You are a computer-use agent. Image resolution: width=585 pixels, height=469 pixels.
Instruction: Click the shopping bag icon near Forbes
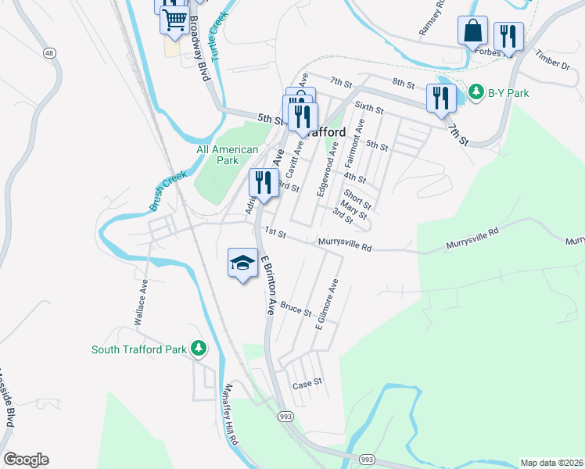point(472,31)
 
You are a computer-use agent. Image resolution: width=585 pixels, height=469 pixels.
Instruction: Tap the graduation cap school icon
point(243,263)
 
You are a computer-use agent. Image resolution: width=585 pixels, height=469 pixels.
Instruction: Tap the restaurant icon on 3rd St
point(264,183)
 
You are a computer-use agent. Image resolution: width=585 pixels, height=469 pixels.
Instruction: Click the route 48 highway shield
point(50,52)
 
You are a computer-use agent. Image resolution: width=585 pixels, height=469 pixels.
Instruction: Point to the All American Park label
point(227,155)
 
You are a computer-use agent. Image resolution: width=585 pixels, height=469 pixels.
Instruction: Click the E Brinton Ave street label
point(266,285)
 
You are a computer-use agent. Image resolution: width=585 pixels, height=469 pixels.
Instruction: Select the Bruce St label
point(296,309)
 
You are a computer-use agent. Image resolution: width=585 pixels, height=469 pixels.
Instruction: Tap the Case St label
point(307,384)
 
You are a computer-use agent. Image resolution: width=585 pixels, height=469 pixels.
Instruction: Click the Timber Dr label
point(553,59)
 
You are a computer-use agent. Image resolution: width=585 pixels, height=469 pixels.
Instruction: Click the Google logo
point(26,460)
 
